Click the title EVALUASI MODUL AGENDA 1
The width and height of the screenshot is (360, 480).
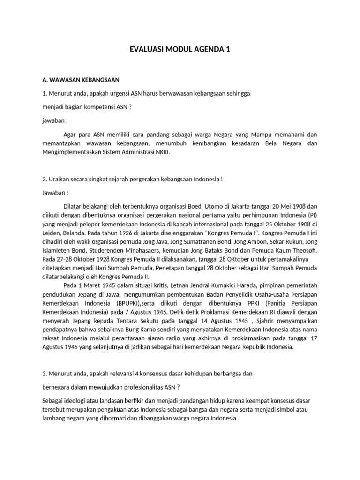click(180, 49)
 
